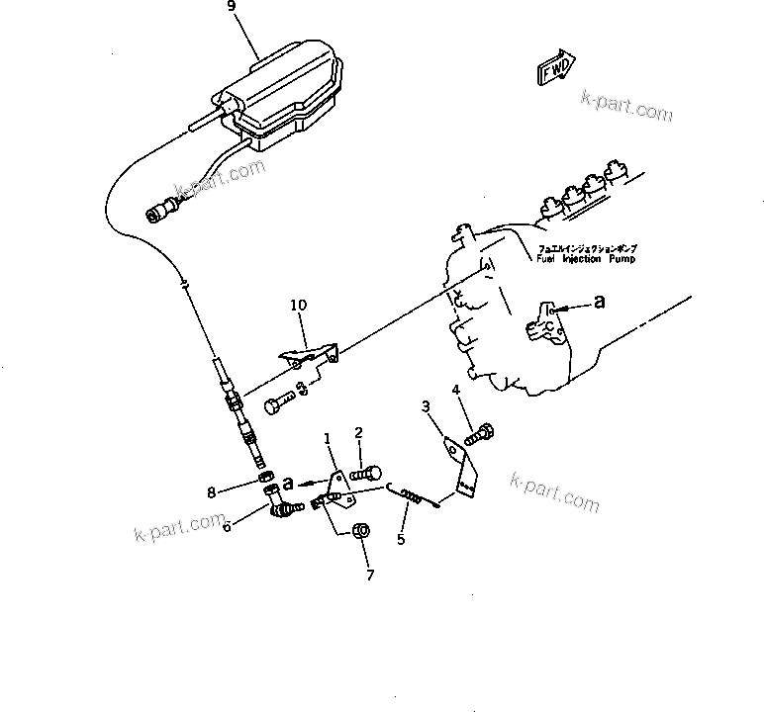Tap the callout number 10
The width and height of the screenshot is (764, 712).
(300, 307)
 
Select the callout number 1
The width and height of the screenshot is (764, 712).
(327, 438)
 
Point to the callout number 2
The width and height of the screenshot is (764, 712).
(359, 432)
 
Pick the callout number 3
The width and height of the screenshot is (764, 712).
(425, 406)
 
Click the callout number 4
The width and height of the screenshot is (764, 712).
(455, 391)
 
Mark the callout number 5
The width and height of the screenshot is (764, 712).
(401, 540)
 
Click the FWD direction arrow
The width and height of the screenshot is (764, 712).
(557, 67)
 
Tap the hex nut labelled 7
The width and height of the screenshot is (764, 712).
(361, 529)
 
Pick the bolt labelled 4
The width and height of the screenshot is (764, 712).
(482, 432)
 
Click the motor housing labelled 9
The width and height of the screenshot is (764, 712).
(282, 94)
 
